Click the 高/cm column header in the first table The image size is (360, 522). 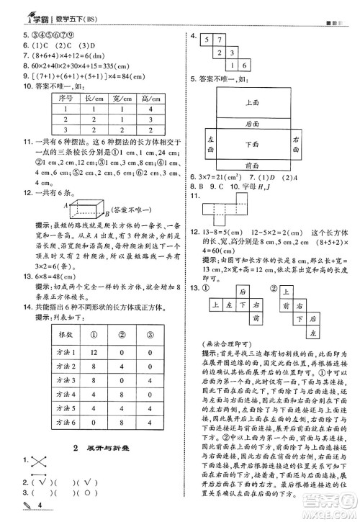pyautogui.click(x=150, y=97)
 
